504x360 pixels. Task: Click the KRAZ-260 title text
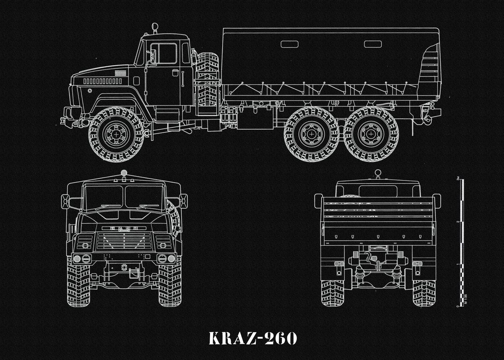(252, 338)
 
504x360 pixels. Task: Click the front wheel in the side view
(116, 134)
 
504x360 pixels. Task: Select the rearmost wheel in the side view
(371, 134)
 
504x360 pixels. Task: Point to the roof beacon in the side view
(155, 29)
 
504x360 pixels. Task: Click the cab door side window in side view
(164, 53)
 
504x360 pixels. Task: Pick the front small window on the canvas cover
(289, 44)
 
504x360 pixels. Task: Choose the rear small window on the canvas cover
(373, 44)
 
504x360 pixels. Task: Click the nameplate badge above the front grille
(123, 228)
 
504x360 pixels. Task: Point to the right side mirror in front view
(183, 201)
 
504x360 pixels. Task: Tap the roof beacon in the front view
(123, 173)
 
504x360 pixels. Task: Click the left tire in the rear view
(332, 292)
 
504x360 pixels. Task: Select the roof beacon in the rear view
(378, 172)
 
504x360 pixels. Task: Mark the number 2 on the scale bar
(457, 221)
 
